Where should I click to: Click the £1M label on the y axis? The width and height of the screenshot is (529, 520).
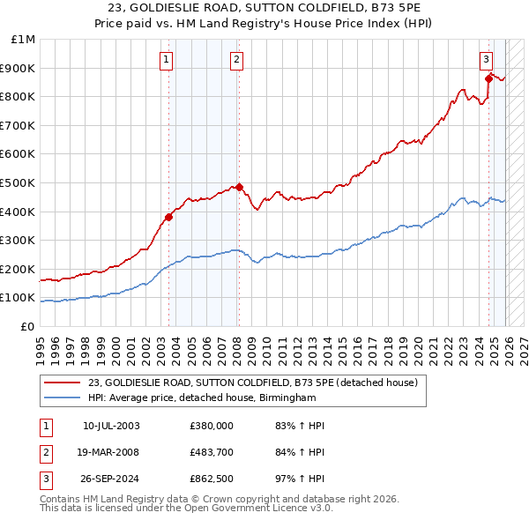click(24, 40)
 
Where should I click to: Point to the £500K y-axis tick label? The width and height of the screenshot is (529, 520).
click(19, 183)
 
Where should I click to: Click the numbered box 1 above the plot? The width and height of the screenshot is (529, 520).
click(168, 60)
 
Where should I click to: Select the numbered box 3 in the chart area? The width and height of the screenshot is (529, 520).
click(486, 60)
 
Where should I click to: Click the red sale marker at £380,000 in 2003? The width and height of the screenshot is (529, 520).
click(168, 217)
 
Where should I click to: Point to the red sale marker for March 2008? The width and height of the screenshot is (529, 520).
click(239, 187)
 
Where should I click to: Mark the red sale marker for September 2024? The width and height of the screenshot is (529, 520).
click(488, 78)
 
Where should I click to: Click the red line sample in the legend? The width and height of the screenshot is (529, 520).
click(63, 383)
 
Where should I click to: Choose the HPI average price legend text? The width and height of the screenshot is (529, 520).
click(202, 398)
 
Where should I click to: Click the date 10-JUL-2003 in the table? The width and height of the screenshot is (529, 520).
click(111, 426)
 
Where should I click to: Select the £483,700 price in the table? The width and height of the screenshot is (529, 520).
click(212, 453)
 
